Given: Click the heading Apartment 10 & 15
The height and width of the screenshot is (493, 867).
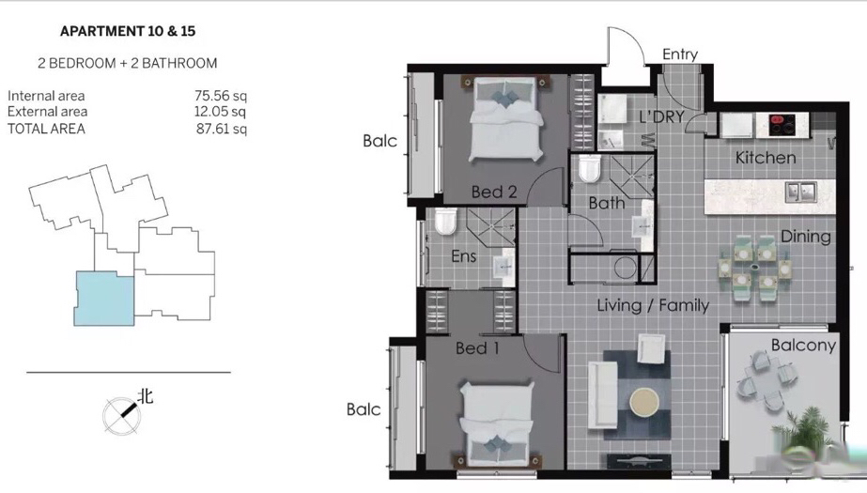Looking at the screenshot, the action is click(128, 32).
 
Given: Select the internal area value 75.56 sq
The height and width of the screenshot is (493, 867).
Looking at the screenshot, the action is click(221, 96).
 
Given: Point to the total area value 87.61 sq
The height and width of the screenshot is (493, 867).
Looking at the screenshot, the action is click(221, 129).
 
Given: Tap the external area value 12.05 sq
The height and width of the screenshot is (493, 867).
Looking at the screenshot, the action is click(220, 112).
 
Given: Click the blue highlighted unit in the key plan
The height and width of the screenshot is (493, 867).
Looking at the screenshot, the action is click(104, 299).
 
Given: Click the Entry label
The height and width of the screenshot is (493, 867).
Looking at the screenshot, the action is click(680, 54).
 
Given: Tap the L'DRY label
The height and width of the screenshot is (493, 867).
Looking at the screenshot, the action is click(661, 116).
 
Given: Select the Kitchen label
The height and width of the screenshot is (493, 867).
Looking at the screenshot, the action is click(766, 158).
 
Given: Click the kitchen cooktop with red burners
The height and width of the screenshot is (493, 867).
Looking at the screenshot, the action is click(782, 126).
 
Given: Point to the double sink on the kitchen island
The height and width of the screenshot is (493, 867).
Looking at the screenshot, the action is click(800, 192).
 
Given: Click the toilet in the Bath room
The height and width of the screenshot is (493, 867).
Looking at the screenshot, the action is click(589, 168).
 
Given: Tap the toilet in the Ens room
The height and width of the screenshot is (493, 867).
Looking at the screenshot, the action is click(445, 221).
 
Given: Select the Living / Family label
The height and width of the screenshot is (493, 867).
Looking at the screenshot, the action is click(653, 305).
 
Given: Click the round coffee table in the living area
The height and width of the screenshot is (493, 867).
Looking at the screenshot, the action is click(644, 401).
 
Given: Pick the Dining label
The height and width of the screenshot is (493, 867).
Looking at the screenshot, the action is click(806, 237).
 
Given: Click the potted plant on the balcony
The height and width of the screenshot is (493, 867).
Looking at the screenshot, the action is click(806, 429).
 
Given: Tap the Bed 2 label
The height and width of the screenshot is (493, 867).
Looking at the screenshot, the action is click(494, 193).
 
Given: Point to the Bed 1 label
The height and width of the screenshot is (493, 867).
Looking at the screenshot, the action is click(477, 348).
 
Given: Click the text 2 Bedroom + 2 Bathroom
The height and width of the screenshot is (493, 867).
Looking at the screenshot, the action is click(128, 64).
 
